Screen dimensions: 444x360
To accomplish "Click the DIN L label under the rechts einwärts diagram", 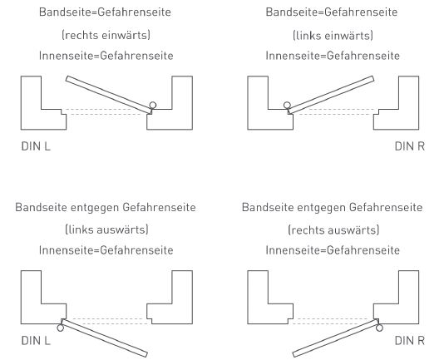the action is [x=36, y=146].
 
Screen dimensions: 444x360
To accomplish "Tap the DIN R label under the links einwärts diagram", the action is [x=410, y=146].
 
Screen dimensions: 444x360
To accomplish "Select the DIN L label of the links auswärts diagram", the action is [x=36, y=341].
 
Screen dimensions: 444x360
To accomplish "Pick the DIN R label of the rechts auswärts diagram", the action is [x=410, y=341].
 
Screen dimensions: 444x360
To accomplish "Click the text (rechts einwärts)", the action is [x=106, y=35].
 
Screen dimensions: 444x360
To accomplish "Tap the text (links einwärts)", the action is [x=333, y=35].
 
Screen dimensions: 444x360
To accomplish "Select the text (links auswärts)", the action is [x=106, y=229].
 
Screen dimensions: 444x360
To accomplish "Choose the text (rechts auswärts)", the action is [x=333, y=229].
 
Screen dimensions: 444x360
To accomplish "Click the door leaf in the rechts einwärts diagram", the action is [x=109, y=95].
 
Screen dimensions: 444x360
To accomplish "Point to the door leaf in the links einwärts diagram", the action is [x=331, y=95].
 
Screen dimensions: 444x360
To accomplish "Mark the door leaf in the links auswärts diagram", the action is [x=105, y=338].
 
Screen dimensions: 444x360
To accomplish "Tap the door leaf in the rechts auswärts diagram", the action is [x=336, y=338].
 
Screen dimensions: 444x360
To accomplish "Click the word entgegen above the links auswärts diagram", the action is [x=94, y=208].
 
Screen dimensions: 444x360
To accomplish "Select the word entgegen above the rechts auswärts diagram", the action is [x=321, y=208].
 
